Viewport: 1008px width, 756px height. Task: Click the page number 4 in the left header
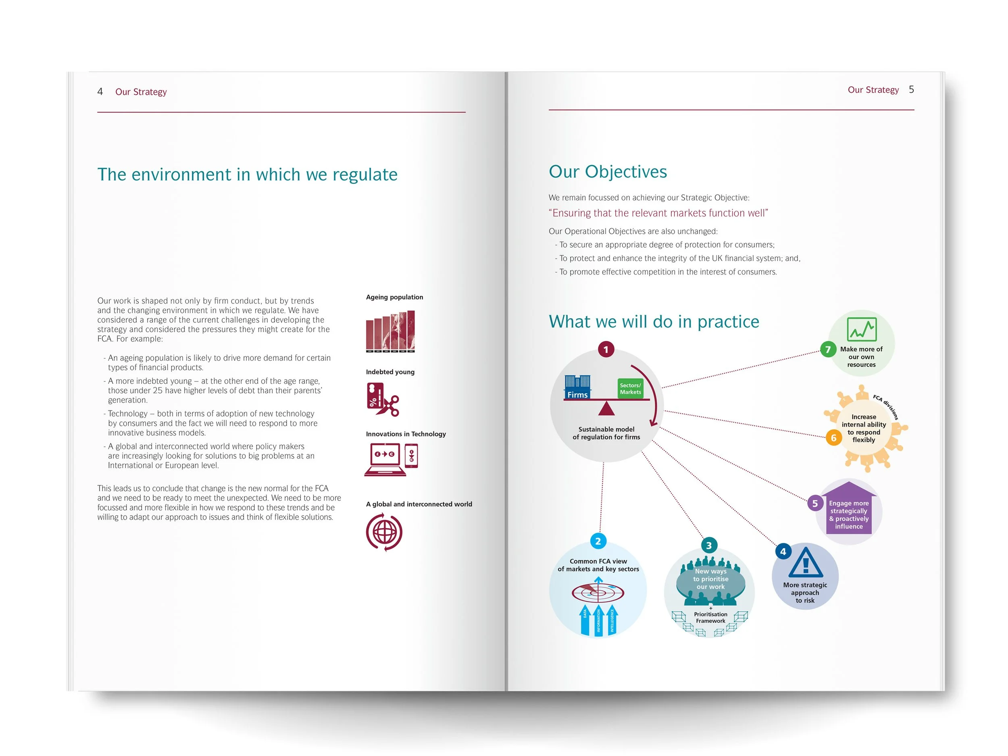click(100, 92)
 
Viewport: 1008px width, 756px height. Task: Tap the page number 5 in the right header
click(911, 90)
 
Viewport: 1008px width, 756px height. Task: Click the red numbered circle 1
click(606, 350)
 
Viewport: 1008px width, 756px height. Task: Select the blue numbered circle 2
click(598, 541)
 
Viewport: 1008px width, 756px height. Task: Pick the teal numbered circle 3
click(708, 545)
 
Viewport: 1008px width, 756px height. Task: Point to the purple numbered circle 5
click(815, 504)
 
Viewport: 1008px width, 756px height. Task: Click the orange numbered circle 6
click(833, 438)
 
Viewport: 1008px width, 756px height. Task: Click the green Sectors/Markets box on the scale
click(630, 389)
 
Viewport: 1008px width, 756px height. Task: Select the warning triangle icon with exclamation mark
click(805, 563)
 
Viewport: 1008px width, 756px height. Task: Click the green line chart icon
click(861, 329)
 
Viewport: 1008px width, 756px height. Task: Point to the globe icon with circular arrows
click(384, 532)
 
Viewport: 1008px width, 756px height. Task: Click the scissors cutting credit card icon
click(382, 400)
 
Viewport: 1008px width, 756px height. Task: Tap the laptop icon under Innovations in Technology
click(385, 459)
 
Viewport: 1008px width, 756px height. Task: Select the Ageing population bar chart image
click(391, 331)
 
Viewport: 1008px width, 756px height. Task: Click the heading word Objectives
click(626, 172)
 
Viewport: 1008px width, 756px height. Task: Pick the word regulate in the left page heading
click(364, 175)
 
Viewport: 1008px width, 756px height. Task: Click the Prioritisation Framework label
click(710, 617)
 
